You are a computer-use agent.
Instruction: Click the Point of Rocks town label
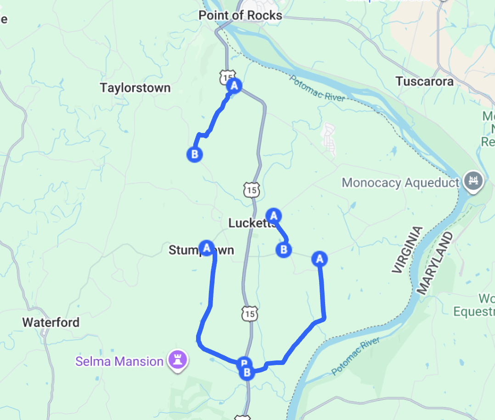(x=240, y=15)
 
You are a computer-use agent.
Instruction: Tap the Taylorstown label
(x=135, y=88)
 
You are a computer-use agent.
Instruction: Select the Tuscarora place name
(x=424, y=82)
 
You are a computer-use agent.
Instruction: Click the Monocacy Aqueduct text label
(x=400, y=182)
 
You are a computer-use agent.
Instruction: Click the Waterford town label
(x=51, y=322)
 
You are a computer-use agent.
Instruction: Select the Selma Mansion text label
(x=119, y=361)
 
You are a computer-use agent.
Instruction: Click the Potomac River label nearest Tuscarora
(x=316, y=88)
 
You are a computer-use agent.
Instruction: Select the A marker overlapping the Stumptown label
(x=207, y=248)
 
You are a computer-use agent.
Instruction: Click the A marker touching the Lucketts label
(x=274, y=215)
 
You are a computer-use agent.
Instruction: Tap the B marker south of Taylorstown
(x=195, y=154)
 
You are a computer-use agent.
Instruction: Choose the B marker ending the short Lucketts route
(x=283, y=249)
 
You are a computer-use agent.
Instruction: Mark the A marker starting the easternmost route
(x=320, y=259)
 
